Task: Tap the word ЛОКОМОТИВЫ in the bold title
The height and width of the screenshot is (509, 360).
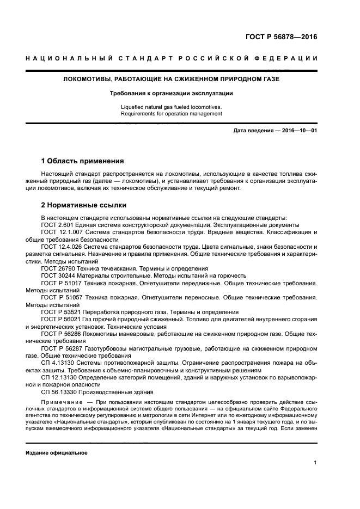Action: tap(88, 80)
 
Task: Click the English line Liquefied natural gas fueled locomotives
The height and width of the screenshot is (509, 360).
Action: tap(172, 107)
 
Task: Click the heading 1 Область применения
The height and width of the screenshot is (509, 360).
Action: tap(83, 161)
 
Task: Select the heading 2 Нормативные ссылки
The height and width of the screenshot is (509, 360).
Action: tap(84, 205)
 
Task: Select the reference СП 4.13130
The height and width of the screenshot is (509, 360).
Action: tap(59, 363)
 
